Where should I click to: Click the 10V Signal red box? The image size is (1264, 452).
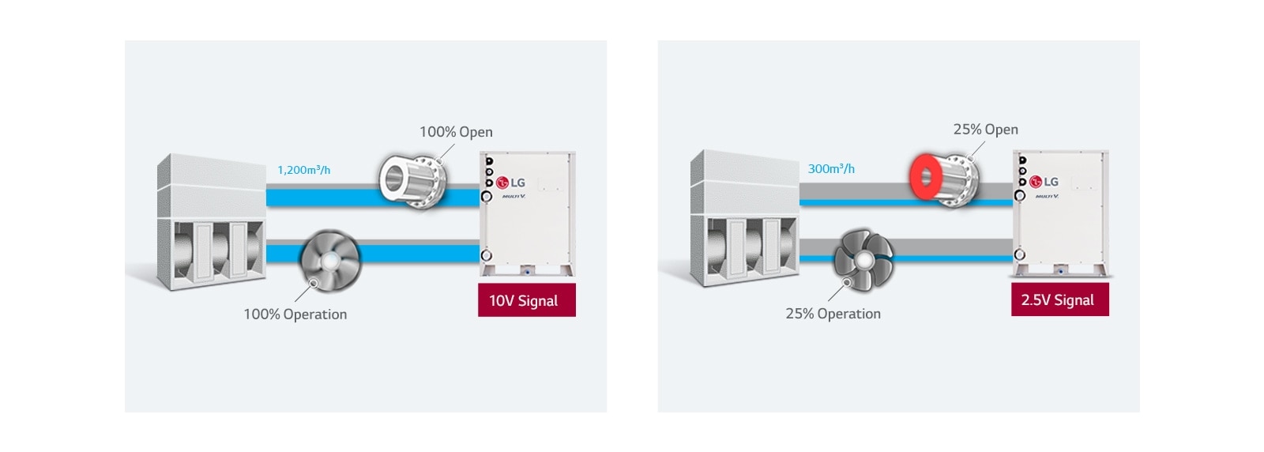[526, 300]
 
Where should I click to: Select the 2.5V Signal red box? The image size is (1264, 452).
[1059, 299]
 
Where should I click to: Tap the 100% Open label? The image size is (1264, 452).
[456, 132]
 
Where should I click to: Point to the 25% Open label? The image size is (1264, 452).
[985, 130]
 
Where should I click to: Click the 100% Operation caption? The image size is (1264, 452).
[295, 315]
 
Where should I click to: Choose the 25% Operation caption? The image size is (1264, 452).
[833, 314]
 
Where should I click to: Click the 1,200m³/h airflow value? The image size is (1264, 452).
[304, 170]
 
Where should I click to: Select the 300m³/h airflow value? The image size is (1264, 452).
[831, 169]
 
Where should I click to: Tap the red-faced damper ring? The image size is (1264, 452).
[926, 178]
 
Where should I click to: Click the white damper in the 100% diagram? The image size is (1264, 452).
[411, 181]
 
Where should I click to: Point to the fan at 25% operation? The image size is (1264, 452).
[863, 259]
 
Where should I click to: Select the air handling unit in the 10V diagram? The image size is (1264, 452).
[211, 223]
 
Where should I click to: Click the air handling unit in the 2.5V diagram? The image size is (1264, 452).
[744, 221]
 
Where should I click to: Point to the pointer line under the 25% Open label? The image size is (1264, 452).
[977, 149]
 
